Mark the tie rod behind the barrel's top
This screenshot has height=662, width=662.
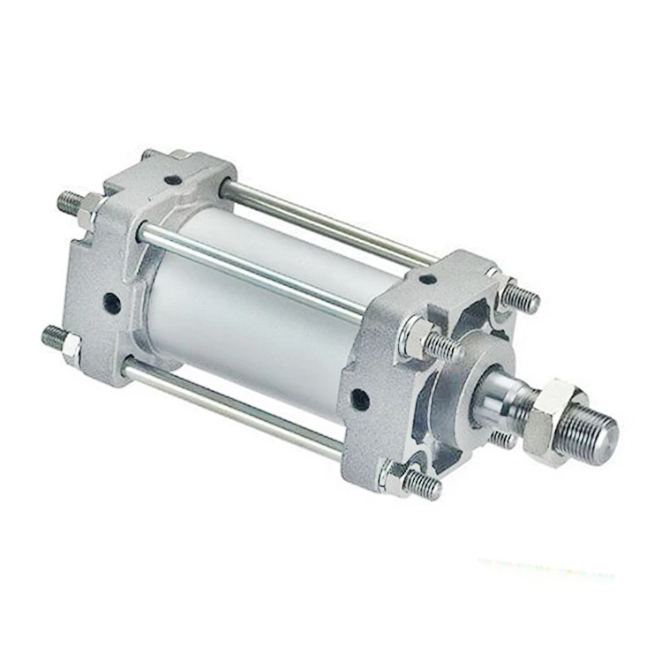[327, 221]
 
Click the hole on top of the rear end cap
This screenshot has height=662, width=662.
[172, 180]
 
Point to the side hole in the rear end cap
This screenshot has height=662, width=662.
[112, 303]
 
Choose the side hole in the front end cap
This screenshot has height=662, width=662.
[359, 400]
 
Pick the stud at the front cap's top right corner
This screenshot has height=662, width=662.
[520, 300]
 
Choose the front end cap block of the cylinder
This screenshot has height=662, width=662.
[388, 371]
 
